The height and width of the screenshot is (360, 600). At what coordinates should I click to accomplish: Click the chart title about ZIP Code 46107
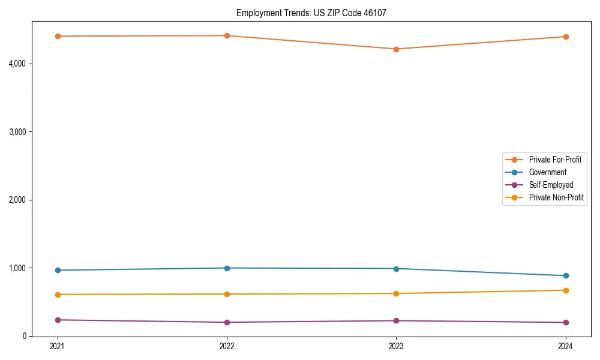click(x=316, y=13)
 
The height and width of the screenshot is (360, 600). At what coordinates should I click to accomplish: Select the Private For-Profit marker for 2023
click(x=397, y=49)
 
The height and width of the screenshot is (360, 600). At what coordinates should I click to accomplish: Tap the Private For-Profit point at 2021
click(x=58, y=36)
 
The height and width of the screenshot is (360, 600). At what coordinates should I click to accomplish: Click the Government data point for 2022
click(x=227, y=268)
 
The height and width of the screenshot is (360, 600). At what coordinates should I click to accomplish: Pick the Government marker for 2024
click(x=566, y=276)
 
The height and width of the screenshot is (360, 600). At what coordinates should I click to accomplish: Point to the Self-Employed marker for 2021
click(x=58, y=320)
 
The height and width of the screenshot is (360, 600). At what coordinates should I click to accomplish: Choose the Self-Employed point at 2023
click(x=397, y=320)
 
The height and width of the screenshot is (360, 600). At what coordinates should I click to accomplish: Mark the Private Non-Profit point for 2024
click(x=566, y=290)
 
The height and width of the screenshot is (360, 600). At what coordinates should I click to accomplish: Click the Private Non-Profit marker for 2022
click(x=227, y=294)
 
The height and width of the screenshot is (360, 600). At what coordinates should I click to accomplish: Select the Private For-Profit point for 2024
click(x=566, y=37)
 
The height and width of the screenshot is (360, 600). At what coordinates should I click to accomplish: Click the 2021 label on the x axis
click(x=58, y=346)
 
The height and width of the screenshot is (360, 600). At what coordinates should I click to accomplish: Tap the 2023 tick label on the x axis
click(x=397, y=346)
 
